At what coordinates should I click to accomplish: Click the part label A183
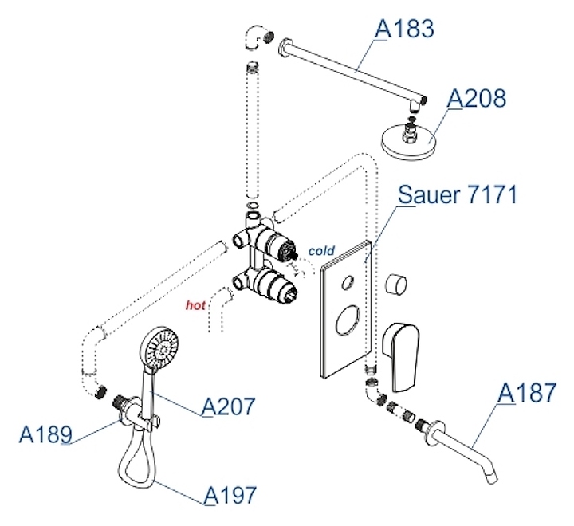tap(405, 29)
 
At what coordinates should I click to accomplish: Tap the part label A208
tap(477, 98)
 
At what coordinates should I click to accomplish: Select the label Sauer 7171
tap(458, 194)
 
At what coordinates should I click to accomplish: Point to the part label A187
tap(527, 393)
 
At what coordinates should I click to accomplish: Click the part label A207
tap(229, 406)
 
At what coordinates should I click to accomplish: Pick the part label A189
tap(45, 434)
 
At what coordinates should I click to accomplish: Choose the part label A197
tap(230, 495)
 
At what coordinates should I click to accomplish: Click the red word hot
tap(195, 305)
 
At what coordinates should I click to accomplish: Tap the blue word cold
tap(321, 251)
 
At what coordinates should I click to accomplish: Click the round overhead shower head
tap(409, 141)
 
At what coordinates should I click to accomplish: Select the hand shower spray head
tap(161, 347)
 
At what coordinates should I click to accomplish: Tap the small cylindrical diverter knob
tap(395, 284)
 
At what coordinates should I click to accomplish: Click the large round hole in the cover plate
tap(348, 320)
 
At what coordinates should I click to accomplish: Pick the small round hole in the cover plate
tap(348, 281)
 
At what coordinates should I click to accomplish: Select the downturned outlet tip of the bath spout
tap(490, 477)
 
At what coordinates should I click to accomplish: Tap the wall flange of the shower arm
tap(285, 47)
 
